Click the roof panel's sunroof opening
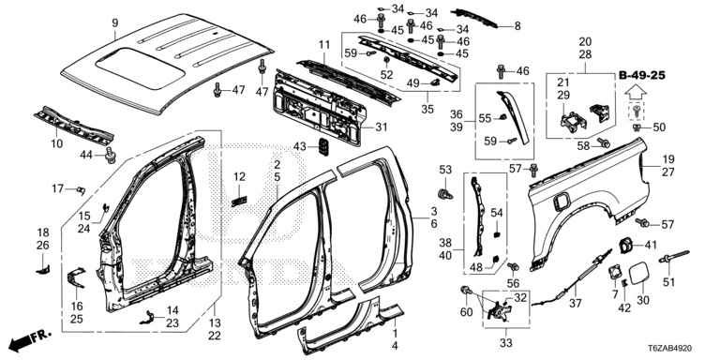point(141,67)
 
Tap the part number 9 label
point(114,22)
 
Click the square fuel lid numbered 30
point(639,272)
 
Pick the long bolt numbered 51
point(674,257)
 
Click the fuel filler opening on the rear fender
point(562,202)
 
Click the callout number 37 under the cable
point(575,304)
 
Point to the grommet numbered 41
point(624,246)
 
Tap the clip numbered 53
point(445,193)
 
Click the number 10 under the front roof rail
point(56,143)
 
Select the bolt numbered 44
point(111,156)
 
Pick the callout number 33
point(506,342)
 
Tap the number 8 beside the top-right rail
point(517,25)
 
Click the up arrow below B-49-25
point(635,93)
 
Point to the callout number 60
point(467,312)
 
